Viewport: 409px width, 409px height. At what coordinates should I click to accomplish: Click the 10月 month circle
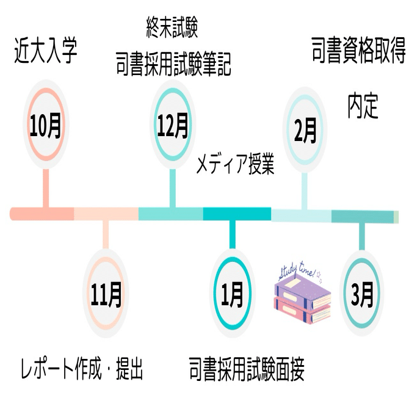pyautogui.click(x=46, y=126)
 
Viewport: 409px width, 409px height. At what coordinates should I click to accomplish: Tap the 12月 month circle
pyautogui.click(x=172, y=126)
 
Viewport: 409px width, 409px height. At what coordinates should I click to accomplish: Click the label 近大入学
pyautogui.click(x=46, y=52)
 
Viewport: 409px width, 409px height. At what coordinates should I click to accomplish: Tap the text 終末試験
pyautogui.click(x=172, y=27)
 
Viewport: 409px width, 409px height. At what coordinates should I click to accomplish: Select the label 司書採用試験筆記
pyautogui.click(x=173, y=65)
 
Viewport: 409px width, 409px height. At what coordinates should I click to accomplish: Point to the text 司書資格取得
pyautogui.click(x=358, y=52)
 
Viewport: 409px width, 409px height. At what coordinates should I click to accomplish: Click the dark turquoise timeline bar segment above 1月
pyautogui.click(x=236, y=214)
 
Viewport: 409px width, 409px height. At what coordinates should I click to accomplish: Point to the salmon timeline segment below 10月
pyautogui.click(x=43, y=214)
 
